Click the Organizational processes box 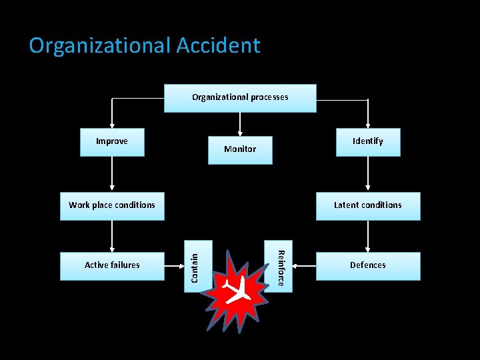pyautogui.click(x=240, y=98)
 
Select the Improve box pyautogui.click(x=112, y=142)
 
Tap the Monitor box pyautogui.click(x=240, y=149)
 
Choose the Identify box pyautogui.click(x=368, y=142)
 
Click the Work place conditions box pyautogui.click(x=112, y=205)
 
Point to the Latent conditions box pyautogui.click(x=368, y=205)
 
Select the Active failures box pyautogui.click(x=112, y=265)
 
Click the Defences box pyautogui.click(x=368, y=265)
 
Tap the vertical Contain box pyautogui.click(x=198, y=266)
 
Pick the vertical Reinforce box pyautogui.click(x=280, y=266)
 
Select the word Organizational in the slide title pyautogui.click(x=100, y=45)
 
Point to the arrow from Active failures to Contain pyautogui.click(x=174, y=265)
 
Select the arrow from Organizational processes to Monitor pyautogui.click(x=240, y=123)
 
